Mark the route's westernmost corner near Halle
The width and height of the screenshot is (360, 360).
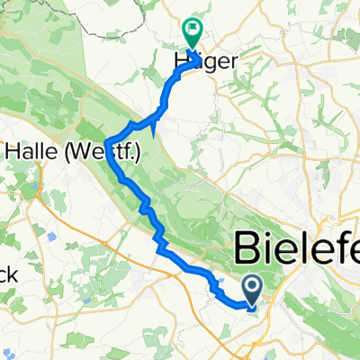[108, 143]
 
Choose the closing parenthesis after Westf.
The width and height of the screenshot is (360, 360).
[139, 154]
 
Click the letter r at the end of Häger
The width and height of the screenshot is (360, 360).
[214, 61]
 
